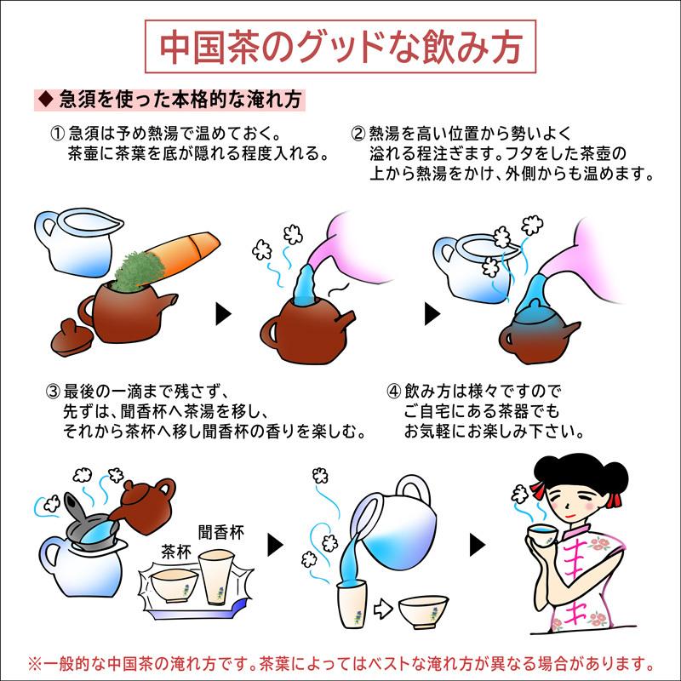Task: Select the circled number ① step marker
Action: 57,135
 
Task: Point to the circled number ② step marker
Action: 358,135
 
